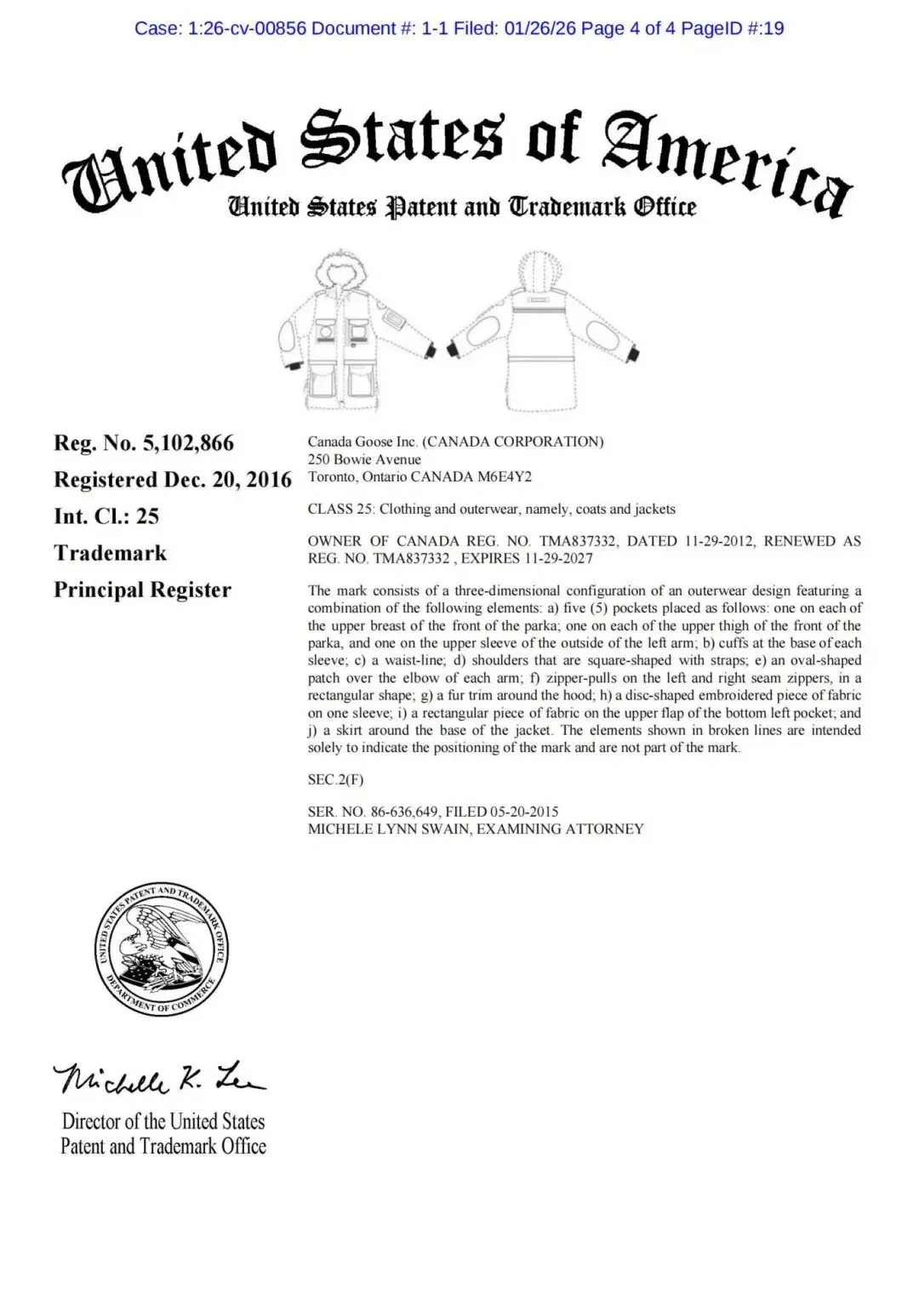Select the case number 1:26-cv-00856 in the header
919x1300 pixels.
(x=246, y=28)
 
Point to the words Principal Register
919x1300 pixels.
(x=142, y=590)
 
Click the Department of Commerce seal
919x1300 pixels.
(x=161, y=949)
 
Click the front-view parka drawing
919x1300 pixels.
(x=354, y=328)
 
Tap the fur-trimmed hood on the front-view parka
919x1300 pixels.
(x=341, y=271)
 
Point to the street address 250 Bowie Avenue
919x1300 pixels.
(x=364, y=459)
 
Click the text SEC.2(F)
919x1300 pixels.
(x=335, y=779)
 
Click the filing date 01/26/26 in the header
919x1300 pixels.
(x=540, y=28)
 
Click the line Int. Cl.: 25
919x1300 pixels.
(x=106, y=516)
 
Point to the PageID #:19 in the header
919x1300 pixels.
(x=733, y=28)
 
